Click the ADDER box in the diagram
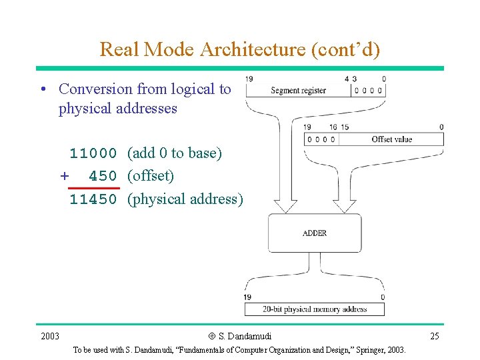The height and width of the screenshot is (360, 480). pos(315,233)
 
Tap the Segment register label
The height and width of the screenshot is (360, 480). pos(298,90)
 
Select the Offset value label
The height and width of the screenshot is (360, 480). pos(391,139)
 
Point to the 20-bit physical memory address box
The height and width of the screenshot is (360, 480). pos(315,309)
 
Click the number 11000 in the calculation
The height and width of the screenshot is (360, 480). pos(94,153)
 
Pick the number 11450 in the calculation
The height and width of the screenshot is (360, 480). pos(94,199)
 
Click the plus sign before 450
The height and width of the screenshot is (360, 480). pos(65,176)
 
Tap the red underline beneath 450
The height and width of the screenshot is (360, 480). pos(94,188)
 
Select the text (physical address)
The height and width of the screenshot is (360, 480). pos(185,199)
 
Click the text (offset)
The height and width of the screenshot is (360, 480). pos(151,176)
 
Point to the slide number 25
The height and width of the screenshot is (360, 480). pos(434,336)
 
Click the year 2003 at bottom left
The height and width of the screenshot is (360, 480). pos(49,336)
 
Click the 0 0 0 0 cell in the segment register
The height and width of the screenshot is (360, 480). pos(369,91)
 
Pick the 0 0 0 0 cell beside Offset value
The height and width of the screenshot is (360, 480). pos(321,139)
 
